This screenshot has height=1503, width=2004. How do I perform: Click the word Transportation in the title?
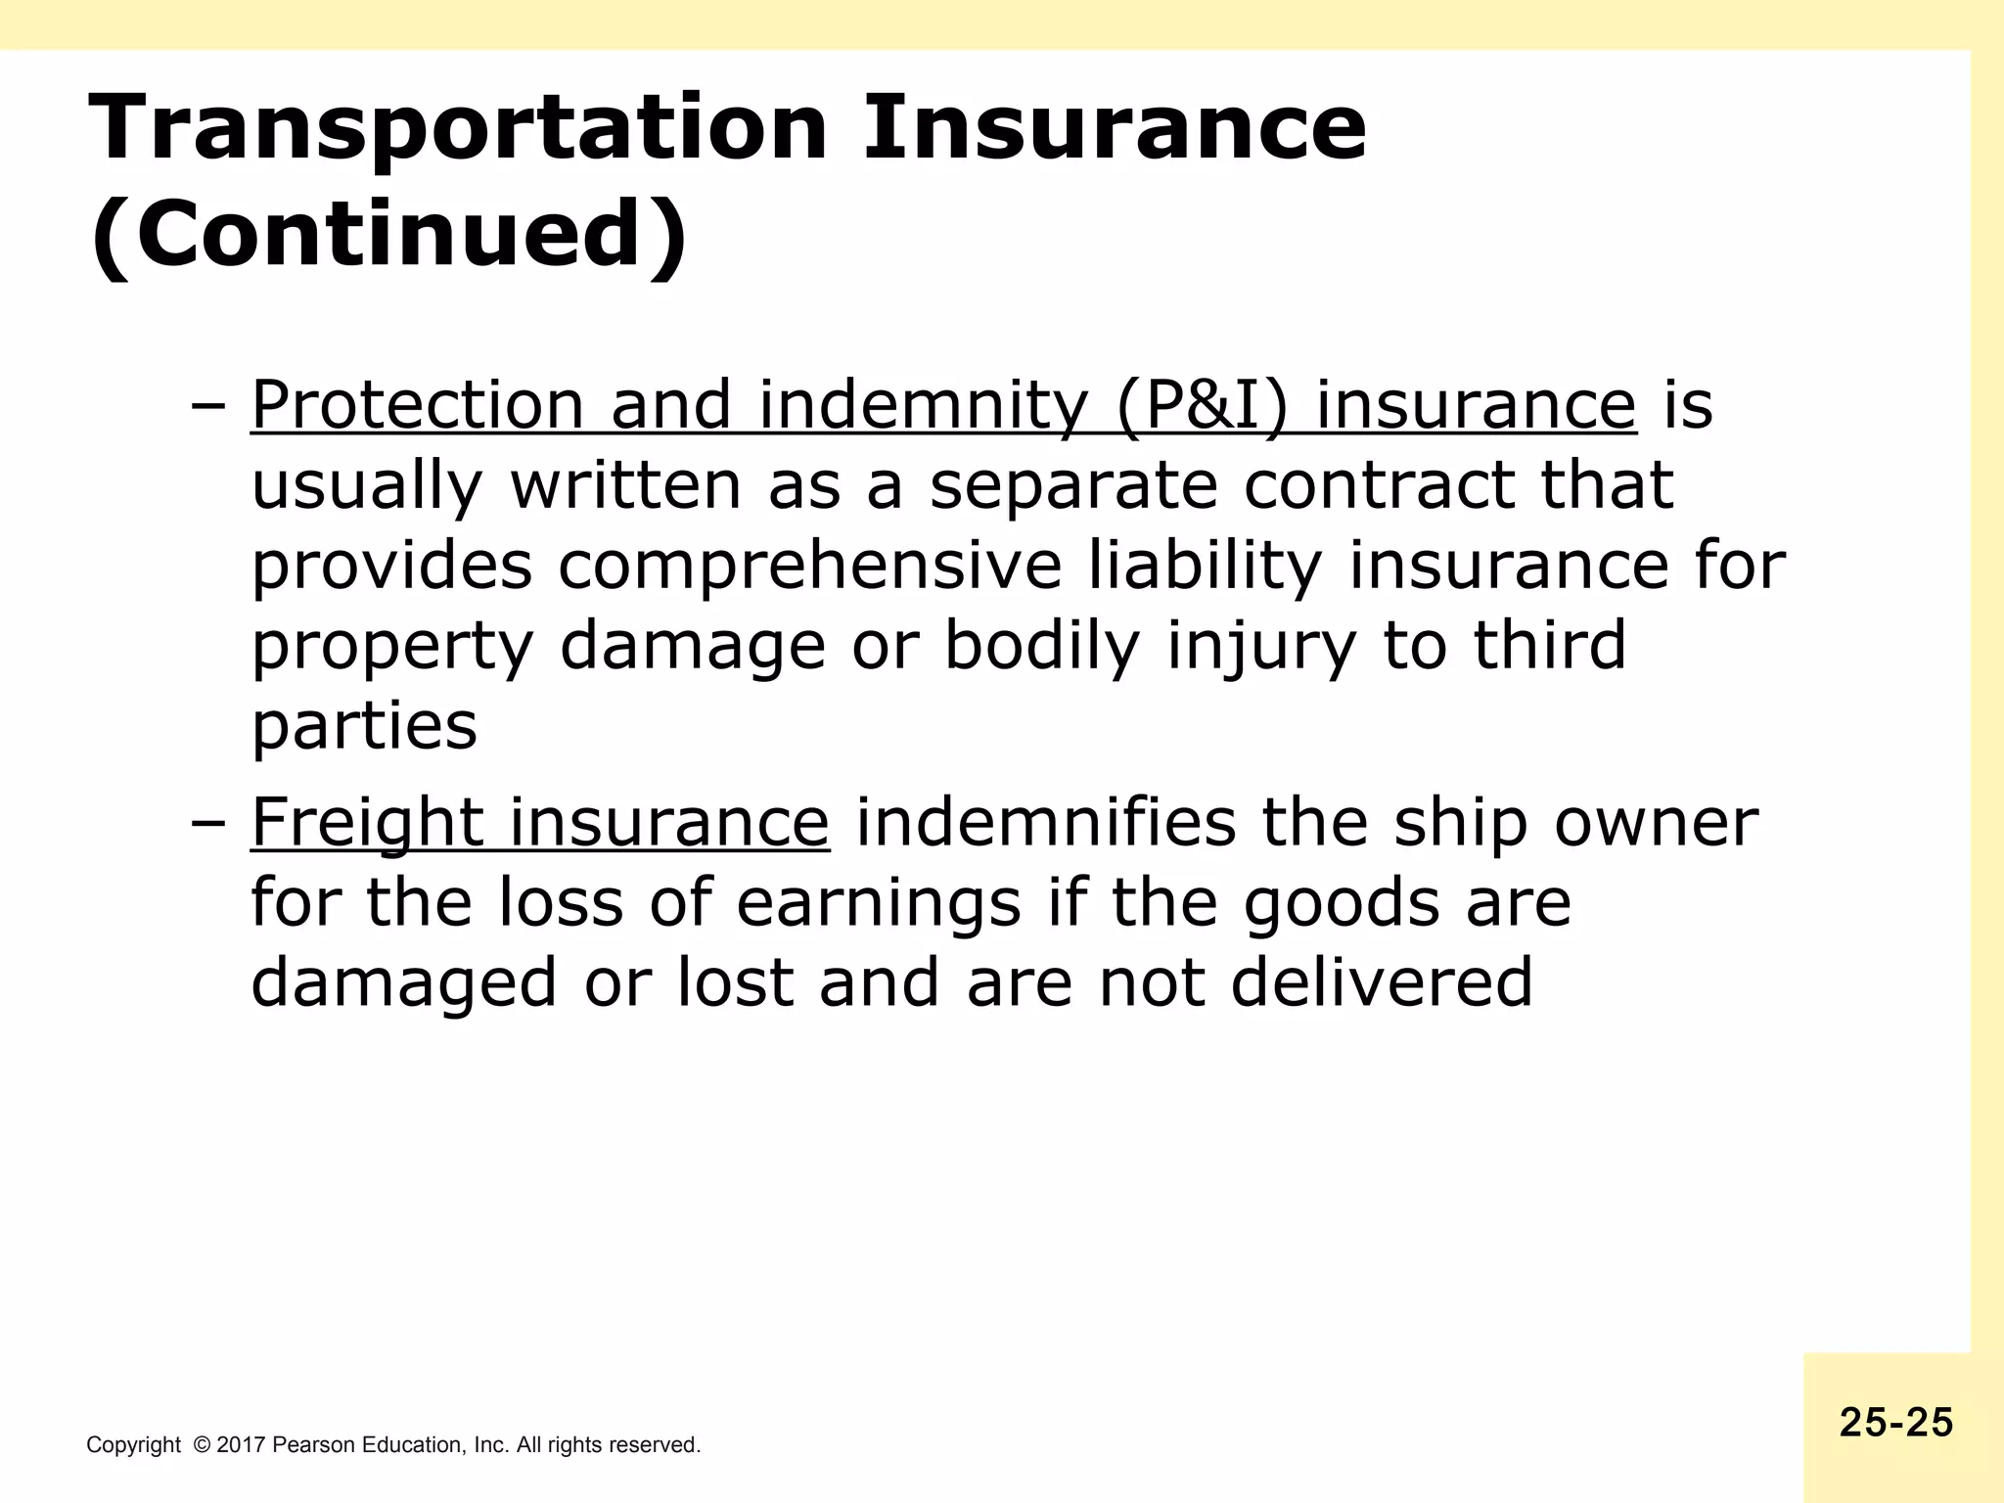(x=458, y=128)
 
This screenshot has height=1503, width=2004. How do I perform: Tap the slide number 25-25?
(x=1895, y=1423)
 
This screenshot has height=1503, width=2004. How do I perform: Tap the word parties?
(x=364, y=726)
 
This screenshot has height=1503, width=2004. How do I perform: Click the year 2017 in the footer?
(x=241, y=1445)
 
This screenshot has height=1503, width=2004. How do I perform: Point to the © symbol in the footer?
(x=203, y=1445)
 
